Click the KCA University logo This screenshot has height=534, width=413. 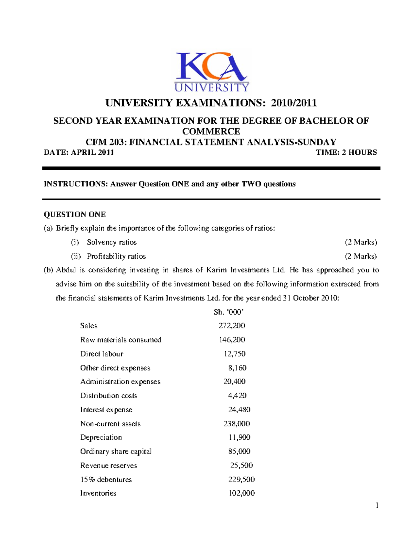(212, 72)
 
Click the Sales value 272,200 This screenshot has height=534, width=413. (232, 326)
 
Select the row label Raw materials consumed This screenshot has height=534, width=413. (120, 340)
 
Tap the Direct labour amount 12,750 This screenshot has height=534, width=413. (235, 354)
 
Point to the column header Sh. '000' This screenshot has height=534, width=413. (229, 312)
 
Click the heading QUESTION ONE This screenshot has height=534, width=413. (75, 215)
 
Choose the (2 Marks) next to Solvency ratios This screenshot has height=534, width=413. (361, 242)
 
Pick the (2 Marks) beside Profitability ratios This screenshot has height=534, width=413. (361, 257)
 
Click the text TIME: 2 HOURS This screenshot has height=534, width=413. (346, 152)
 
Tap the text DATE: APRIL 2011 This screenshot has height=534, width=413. (79, 152)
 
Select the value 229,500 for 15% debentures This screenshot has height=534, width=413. (241, 479)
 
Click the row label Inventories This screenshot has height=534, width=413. (98, 493)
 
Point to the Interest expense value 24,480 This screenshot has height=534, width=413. (239, 410)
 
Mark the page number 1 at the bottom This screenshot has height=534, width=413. (377, 505)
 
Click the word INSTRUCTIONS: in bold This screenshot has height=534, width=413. (76, 184)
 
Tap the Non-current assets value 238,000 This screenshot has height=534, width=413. (236, 424)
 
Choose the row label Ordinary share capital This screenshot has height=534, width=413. (116, 451)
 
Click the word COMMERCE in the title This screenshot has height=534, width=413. (211, 131)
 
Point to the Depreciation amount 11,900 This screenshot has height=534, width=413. (239, 437)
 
